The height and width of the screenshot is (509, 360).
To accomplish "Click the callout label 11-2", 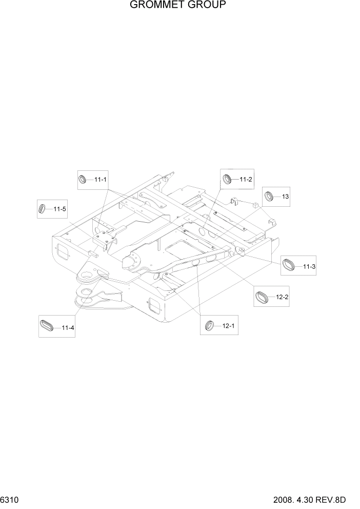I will [x=246, y=179].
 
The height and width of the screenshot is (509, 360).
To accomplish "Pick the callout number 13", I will [x=286, y=197].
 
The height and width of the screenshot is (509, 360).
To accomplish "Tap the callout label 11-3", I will [x=309, y=266].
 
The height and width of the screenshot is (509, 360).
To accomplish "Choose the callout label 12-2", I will [x=283, y=297].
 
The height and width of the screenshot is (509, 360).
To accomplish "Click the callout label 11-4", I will [x=68, y=327].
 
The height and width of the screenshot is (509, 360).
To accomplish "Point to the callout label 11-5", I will [x=59, y=209].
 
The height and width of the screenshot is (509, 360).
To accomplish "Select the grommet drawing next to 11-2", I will [x=228, y=179].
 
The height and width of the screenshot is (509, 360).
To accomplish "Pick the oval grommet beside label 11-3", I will [x=290, y=265].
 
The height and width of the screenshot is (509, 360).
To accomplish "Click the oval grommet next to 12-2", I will [x=264, y=297].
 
